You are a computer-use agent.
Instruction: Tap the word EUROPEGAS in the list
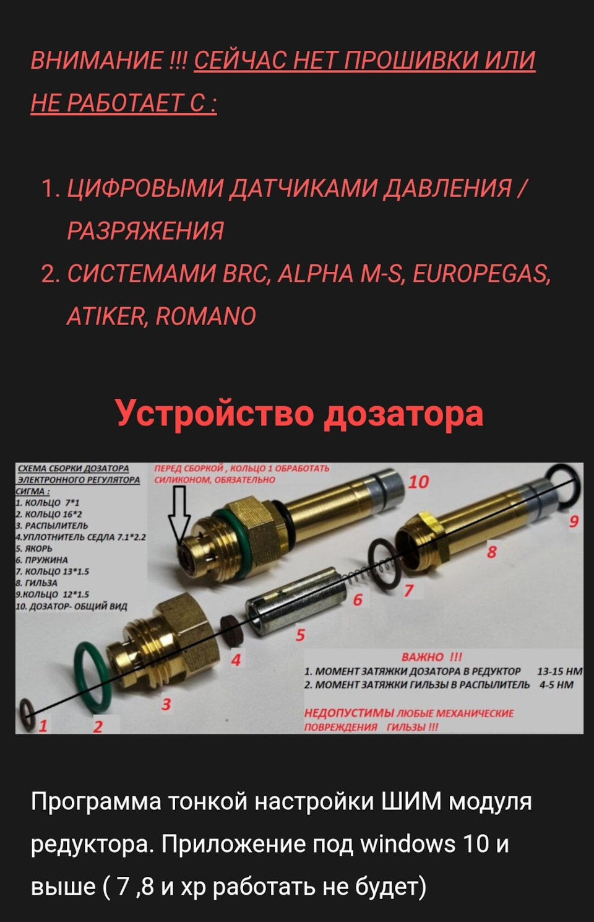coord(481,274)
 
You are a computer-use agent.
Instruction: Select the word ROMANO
coord(205,316)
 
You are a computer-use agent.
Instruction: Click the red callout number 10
coord(419,482)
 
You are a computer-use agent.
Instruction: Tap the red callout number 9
coord(574,521)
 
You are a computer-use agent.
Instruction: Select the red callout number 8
coord(491,552)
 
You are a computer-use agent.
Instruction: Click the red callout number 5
coord(300,635)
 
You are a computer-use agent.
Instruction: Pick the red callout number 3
coord(166,704)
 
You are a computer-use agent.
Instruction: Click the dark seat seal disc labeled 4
coord(232,630)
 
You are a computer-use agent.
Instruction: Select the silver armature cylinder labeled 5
coord(295,601)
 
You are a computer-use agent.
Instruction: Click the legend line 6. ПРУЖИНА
coord(41,560)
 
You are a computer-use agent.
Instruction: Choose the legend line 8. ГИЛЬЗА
coord(37,583)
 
